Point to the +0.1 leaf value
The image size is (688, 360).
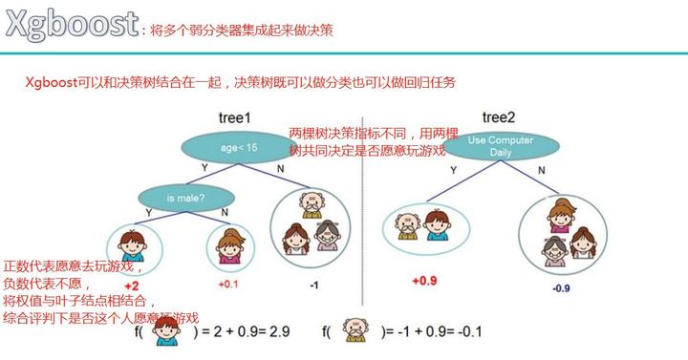228,285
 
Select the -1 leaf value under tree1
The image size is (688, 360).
314,285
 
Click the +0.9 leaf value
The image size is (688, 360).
424,281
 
